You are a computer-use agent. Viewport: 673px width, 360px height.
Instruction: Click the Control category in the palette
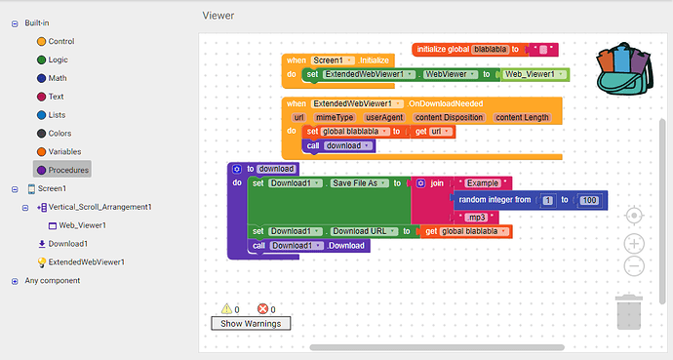coord(60,41)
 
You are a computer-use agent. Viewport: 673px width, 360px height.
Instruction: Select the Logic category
coord(59,60)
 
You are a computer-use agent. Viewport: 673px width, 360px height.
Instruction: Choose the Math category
coord(58,78)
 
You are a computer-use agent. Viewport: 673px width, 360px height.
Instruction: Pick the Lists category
coord(59,115)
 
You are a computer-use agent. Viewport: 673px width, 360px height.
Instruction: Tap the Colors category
coord(60,133)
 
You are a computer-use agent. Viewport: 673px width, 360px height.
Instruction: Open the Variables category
coord(65,151)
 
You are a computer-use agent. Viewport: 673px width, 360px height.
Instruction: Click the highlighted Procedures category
coord(67,170)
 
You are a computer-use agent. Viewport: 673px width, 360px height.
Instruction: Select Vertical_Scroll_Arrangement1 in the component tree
coord(100,207)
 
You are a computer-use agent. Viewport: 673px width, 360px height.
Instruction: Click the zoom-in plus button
coord(633,242)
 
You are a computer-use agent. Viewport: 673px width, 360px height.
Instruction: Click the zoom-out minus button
coord(633,265)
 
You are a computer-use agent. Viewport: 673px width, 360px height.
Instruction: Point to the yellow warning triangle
coord(226,308)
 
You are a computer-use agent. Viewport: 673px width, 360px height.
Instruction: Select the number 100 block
coord(587,200)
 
